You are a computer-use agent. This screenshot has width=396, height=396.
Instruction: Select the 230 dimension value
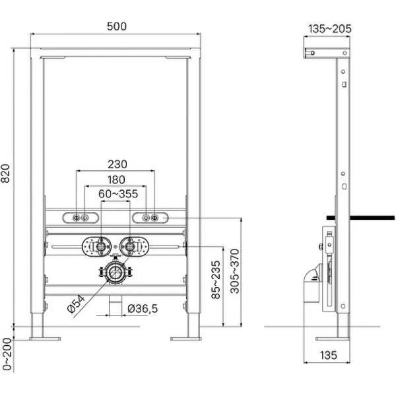pyautogui.click(x=116, y=164)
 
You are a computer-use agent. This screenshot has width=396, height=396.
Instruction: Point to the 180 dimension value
pyautogui.click(x=116, y=180)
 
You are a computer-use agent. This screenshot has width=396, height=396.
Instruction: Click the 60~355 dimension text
pyautogui.click(x=116, y=194)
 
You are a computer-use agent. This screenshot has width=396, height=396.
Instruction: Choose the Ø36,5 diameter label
pyautogui.click(x=141, y=308)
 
